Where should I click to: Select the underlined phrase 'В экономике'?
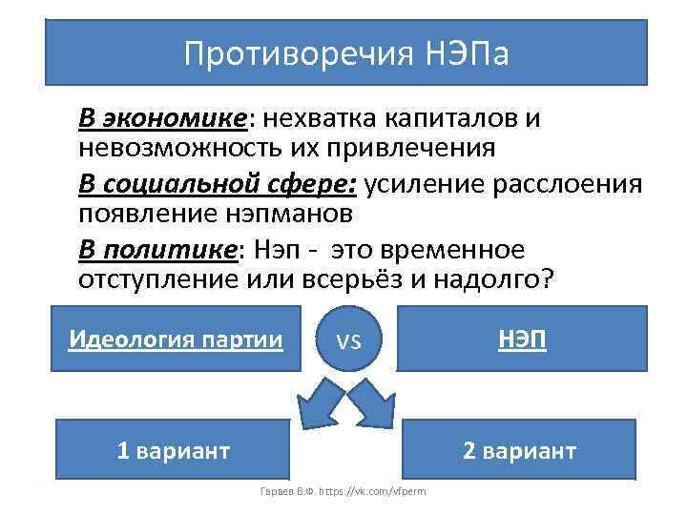162,119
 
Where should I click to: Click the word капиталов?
451,119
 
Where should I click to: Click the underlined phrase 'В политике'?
156,250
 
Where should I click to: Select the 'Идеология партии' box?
177,339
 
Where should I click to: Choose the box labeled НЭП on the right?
521,339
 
